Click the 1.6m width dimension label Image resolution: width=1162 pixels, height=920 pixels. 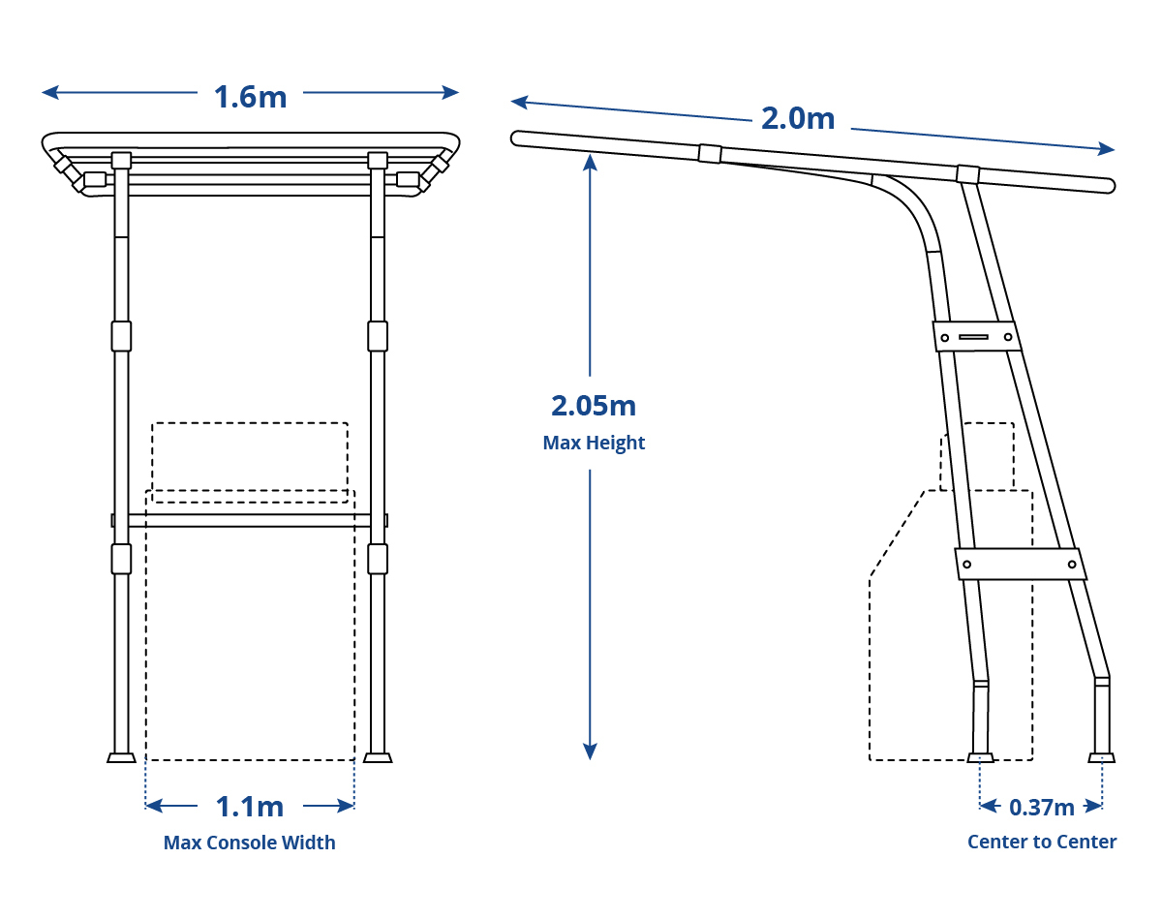coord(250,97)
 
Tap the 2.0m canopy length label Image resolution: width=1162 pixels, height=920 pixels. coord(798,118)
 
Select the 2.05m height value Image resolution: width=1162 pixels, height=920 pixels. coord(594,406)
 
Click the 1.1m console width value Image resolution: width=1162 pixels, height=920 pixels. coord(250,807)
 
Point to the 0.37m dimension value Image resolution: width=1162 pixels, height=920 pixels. coord(1042,807)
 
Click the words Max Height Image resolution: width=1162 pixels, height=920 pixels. coord(594,443)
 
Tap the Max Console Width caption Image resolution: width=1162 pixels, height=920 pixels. coord(250,843)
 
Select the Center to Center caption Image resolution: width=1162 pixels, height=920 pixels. coord(1042,842)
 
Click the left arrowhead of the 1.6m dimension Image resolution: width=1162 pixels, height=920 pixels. coord(50,92)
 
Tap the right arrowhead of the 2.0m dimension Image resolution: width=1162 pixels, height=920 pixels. coord(1106,148)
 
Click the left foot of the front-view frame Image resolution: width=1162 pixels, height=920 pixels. coord(121,757)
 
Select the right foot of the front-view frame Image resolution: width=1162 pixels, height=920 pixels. coord(378,757)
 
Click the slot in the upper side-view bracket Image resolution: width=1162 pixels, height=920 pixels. coord(973,337)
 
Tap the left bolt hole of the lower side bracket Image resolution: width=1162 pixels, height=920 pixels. coord(966,565)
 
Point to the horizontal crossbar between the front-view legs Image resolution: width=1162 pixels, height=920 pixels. coord(250,520)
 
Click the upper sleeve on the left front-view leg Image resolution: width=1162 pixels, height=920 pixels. coord(121,336)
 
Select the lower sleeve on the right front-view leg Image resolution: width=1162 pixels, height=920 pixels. coord(378,559)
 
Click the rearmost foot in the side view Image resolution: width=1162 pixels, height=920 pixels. coord(1102,757)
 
